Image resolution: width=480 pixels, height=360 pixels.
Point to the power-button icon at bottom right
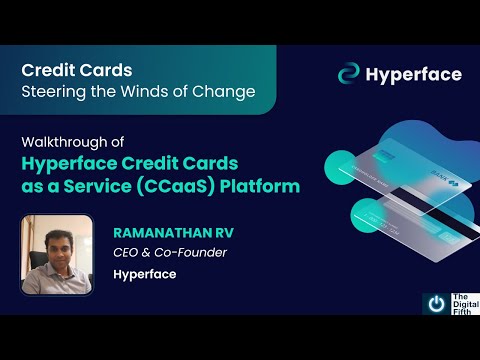tap(436, 303)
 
